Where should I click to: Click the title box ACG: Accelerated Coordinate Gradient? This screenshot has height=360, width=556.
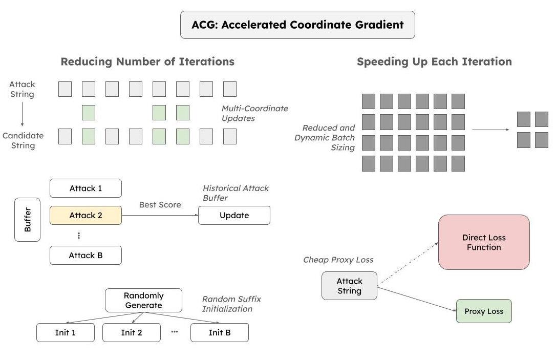click(297, 25)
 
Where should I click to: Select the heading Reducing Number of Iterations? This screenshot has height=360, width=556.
click(147, 62)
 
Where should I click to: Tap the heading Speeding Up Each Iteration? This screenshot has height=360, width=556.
click(434, 62)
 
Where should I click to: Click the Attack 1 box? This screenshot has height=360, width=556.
click(85, 188)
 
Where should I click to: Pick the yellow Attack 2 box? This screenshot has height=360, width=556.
click(85, 216)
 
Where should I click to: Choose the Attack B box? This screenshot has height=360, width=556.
click(85, 256)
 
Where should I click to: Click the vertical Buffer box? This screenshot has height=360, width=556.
click(28, 220)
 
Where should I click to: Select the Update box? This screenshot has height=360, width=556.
click(234, 216)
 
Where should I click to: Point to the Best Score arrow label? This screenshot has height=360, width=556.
click(160, 205)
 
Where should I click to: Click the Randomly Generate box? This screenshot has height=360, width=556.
click(143, 301)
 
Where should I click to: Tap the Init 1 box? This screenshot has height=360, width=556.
click(66, 333)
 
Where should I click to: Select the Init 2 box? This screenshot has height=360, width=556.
click(132, 333)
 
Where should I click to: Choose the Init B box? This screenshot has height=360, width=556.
click(220, 333)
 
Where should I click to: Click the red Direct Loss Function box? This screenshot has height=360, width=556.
click(484, 242)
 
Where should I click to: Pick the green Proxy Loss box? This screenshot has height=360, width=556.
click(484, 311)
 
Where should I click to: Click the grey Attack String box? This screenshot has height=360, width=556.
click(349, 286)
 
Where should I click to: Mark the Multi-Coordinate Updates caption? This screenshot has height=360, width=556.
click(255, 113)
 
